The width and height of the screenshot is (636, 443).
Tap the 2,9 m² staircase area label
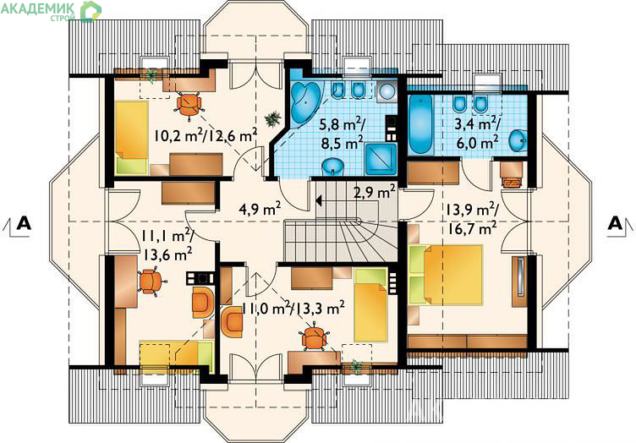coord(375,191)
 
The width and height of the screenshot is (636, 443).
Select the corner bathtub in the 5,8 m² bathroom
coord(305,101)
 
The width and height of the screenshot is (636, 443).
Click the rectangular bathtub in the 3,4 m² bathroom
coord(420,124)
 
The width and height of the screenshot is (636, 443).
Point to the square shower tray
coord(381,159)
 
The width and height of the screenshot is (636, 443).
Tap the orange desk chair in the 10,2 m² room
coord(189,105)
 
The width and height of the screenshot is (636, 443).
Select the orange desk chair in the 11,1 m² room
coord(151,282)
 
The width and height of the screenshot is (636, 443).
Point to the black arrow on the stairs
coord(319,200)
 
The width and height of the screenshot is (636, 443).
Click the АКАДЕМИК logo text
coord(38,8)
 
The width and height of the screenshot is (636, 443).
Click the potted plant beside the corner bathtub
coord(272,118)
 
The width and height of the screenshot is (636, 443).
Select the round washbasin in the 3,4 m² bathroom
coord(518,140)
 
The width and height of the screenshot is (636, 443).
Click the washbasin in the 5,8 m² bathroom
coord(333,167)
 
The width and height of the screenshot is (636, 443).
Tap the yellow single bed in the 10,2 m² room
coord(130,138)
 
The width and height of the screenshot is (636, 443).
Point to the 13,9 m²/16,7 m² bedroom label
coord(471,219)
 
